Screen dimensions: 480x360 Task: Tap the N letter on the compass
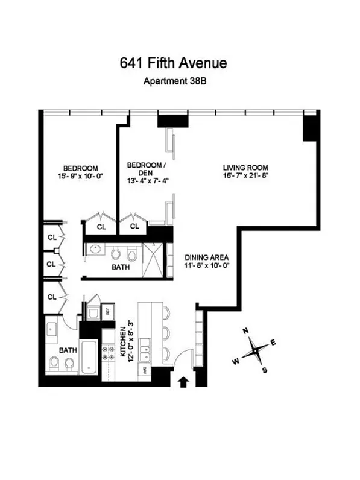pos(245,331)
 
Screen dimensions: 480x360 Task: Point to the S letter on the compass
pos(264,370)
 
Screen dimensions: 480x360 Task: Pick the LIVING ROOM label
pos(245,167)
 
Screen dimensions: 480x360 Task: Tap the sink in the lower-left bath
pos(51,330)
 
